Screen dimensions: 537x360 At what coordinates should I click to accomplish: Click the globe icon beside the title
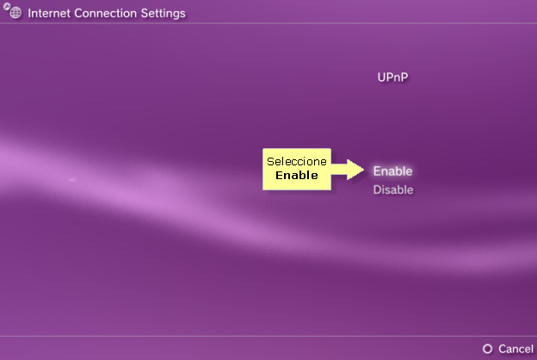click(15, 13)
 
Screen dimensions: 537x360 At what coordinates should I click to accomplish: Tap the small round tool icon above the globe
click(7, 6)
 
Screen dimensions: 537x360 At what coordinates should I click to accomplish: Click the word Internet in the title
click(49, 14)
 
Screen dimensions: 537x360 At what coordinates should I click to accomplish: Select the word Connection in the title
click(106, 14)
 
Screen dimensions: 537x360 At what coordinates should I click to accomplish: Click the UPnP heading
click(392, 78)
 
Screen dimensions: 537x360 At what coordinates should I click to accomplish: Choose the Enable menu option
click(392, 171)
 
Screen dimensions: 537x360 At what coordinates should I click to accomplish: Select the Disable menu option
click(393, 189)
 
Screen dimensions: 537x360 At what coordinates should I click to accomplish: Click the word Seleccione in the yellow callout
click(297, 162)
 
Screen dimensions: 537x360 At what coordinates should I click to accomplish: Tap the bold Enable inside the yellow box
click(297, 175)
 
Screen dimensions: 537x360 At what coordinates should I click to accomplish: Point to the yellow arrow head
click(355, 170)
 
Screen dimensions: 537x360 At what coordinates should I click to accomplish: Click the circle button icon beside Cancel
click(487, 349)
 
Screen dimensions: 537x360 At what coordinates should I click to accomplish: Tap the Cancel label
click(515, 349)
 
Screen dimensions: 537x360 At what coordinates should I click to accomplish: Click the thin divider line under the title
click(268, 23)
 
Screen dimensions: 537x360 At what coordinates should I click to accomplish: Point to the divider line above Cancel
click(268, 336)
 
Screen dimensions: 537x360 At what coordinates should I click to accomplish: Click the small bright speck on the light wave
click(71, 179)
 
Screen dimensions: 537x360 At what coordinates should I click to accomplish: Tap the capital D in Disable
click(377, 189)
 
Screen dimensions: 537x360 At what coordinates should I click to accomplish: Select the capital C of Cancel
click(503, 349)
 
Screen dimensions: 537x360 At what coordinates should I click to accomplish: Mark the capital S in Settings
click(145, 14)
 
